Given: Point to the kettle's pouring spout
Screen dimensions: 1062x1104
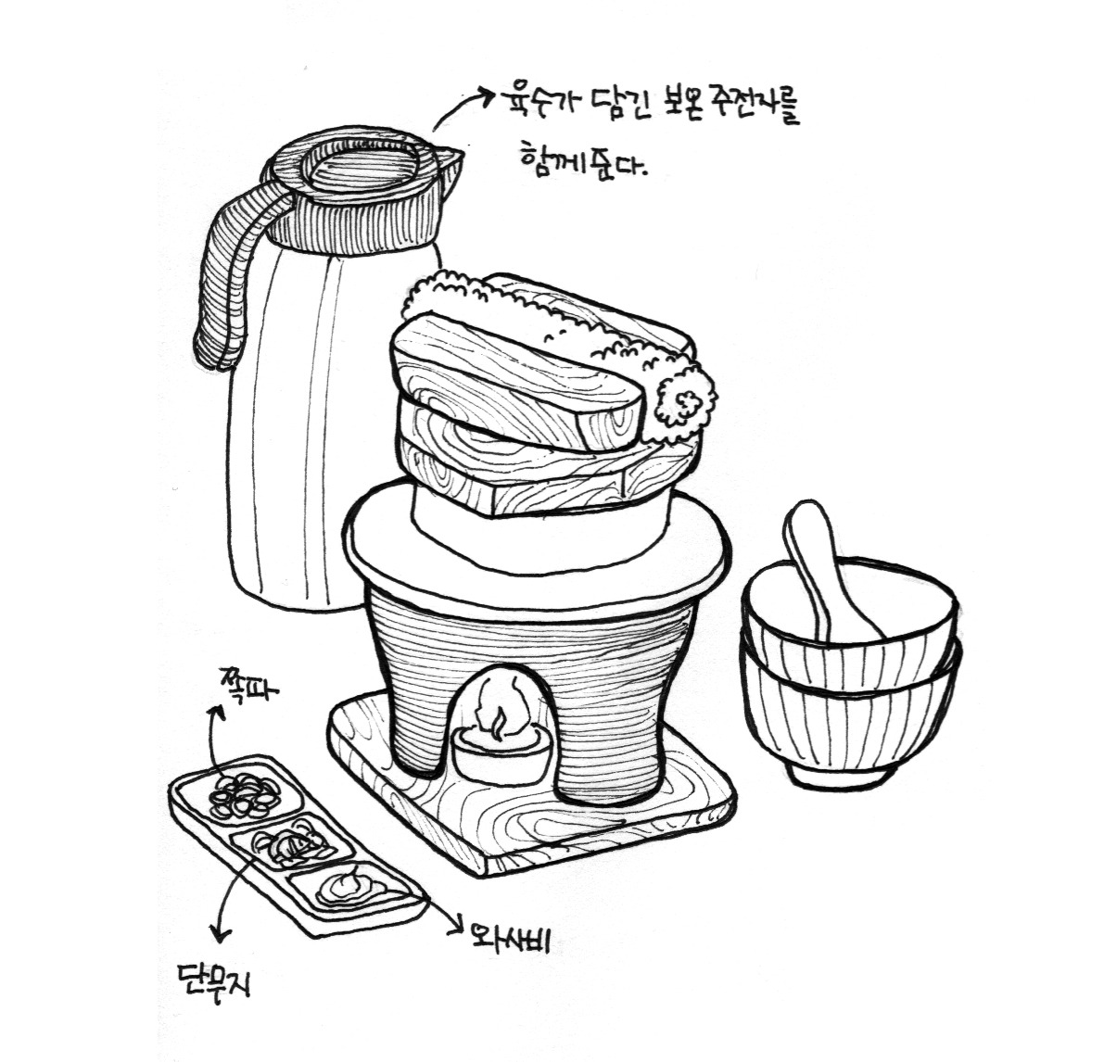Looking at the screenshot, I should coord(447,160).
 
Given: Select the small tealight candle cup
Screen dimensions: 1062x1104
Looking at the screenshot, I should coord(500,755).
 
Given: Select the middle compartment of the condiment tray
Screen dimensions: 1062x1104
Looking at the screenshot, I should coord(292,845).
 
